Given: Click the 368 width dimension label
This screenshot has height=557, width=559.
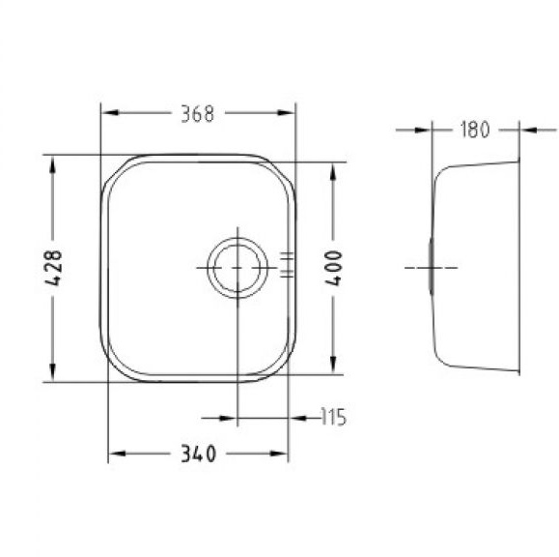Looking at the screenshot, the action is click(198, 113).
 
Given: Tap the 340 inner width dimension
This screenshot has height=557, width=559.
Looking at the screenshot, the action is click(198, 454).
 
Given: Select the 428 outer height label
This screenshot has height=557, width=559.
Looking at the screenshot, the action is click(53, 268).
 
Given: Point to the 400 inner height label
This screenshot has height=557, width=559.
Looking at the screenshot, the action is click(334, 268).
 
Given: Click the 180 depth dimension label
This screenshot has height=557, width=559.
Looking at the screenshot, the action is click(475, 130).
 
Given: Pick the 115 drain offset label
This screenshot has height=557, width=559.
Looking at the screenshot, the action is click(333, 417).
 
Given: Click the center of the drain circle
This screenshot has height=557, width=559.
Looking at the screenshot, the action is click(238, 268).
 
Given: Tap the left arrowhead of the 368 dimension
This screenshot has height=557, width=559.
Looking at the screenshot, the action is click(110, 113).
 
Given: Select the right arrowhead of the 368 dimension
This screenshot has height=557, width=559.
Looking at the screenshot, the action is click(287, 113).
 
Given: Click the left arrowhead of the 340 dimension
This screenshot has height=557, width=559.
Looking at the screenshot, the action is click(117, 454).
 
